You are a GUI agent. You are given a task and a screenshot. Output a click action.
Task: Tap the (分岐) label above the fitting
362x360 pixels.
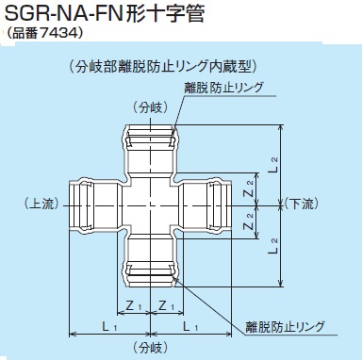point(150,106)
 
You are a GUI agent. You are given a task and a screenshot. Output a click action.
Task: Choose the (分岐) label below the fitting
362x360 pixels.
point(151,348)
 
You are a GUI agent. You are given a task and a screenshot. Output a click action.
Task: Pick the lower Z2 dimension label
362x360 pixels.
point(248,219)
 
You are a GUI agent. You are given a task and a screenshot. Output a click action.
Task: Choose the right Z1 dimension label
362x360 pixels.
point(167,305)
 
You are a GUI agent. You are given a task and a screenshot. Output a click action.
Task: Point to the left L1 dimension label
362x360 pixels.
point(108,326)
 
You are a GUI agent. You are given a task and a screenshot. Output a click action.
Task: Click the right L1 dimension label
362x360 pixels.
point(193,326)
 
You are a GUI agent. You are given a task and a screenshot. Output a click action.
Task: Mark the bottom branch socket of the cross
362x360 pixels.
point(151,263)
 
